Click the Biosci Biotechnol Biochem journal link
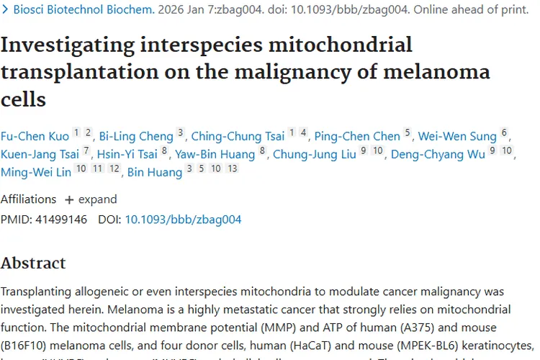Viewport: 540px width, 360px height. (84, 10)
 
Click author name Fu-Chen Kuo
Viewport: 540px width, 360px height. (35, 136)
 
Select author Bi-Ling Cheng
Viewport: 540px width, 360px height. (136, 136)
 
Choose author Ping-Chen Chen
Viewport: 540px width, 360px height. (357, 136)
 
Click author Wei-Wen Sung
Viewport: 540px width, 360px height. (457, 136)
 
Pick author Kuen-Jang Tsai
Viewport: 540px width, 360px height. (40, 154)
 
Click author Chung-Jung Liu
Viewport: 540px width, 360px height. (315, 154)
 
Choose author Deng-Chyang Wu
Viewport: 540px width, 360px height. (438, 154)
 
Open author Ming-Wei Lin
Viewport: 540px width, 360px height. (36, 172)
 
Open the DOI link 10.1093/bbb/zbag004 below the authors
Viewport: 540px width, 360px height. (183, 220)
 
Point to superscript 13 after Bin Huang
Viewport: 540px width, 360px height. (231, 169)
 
